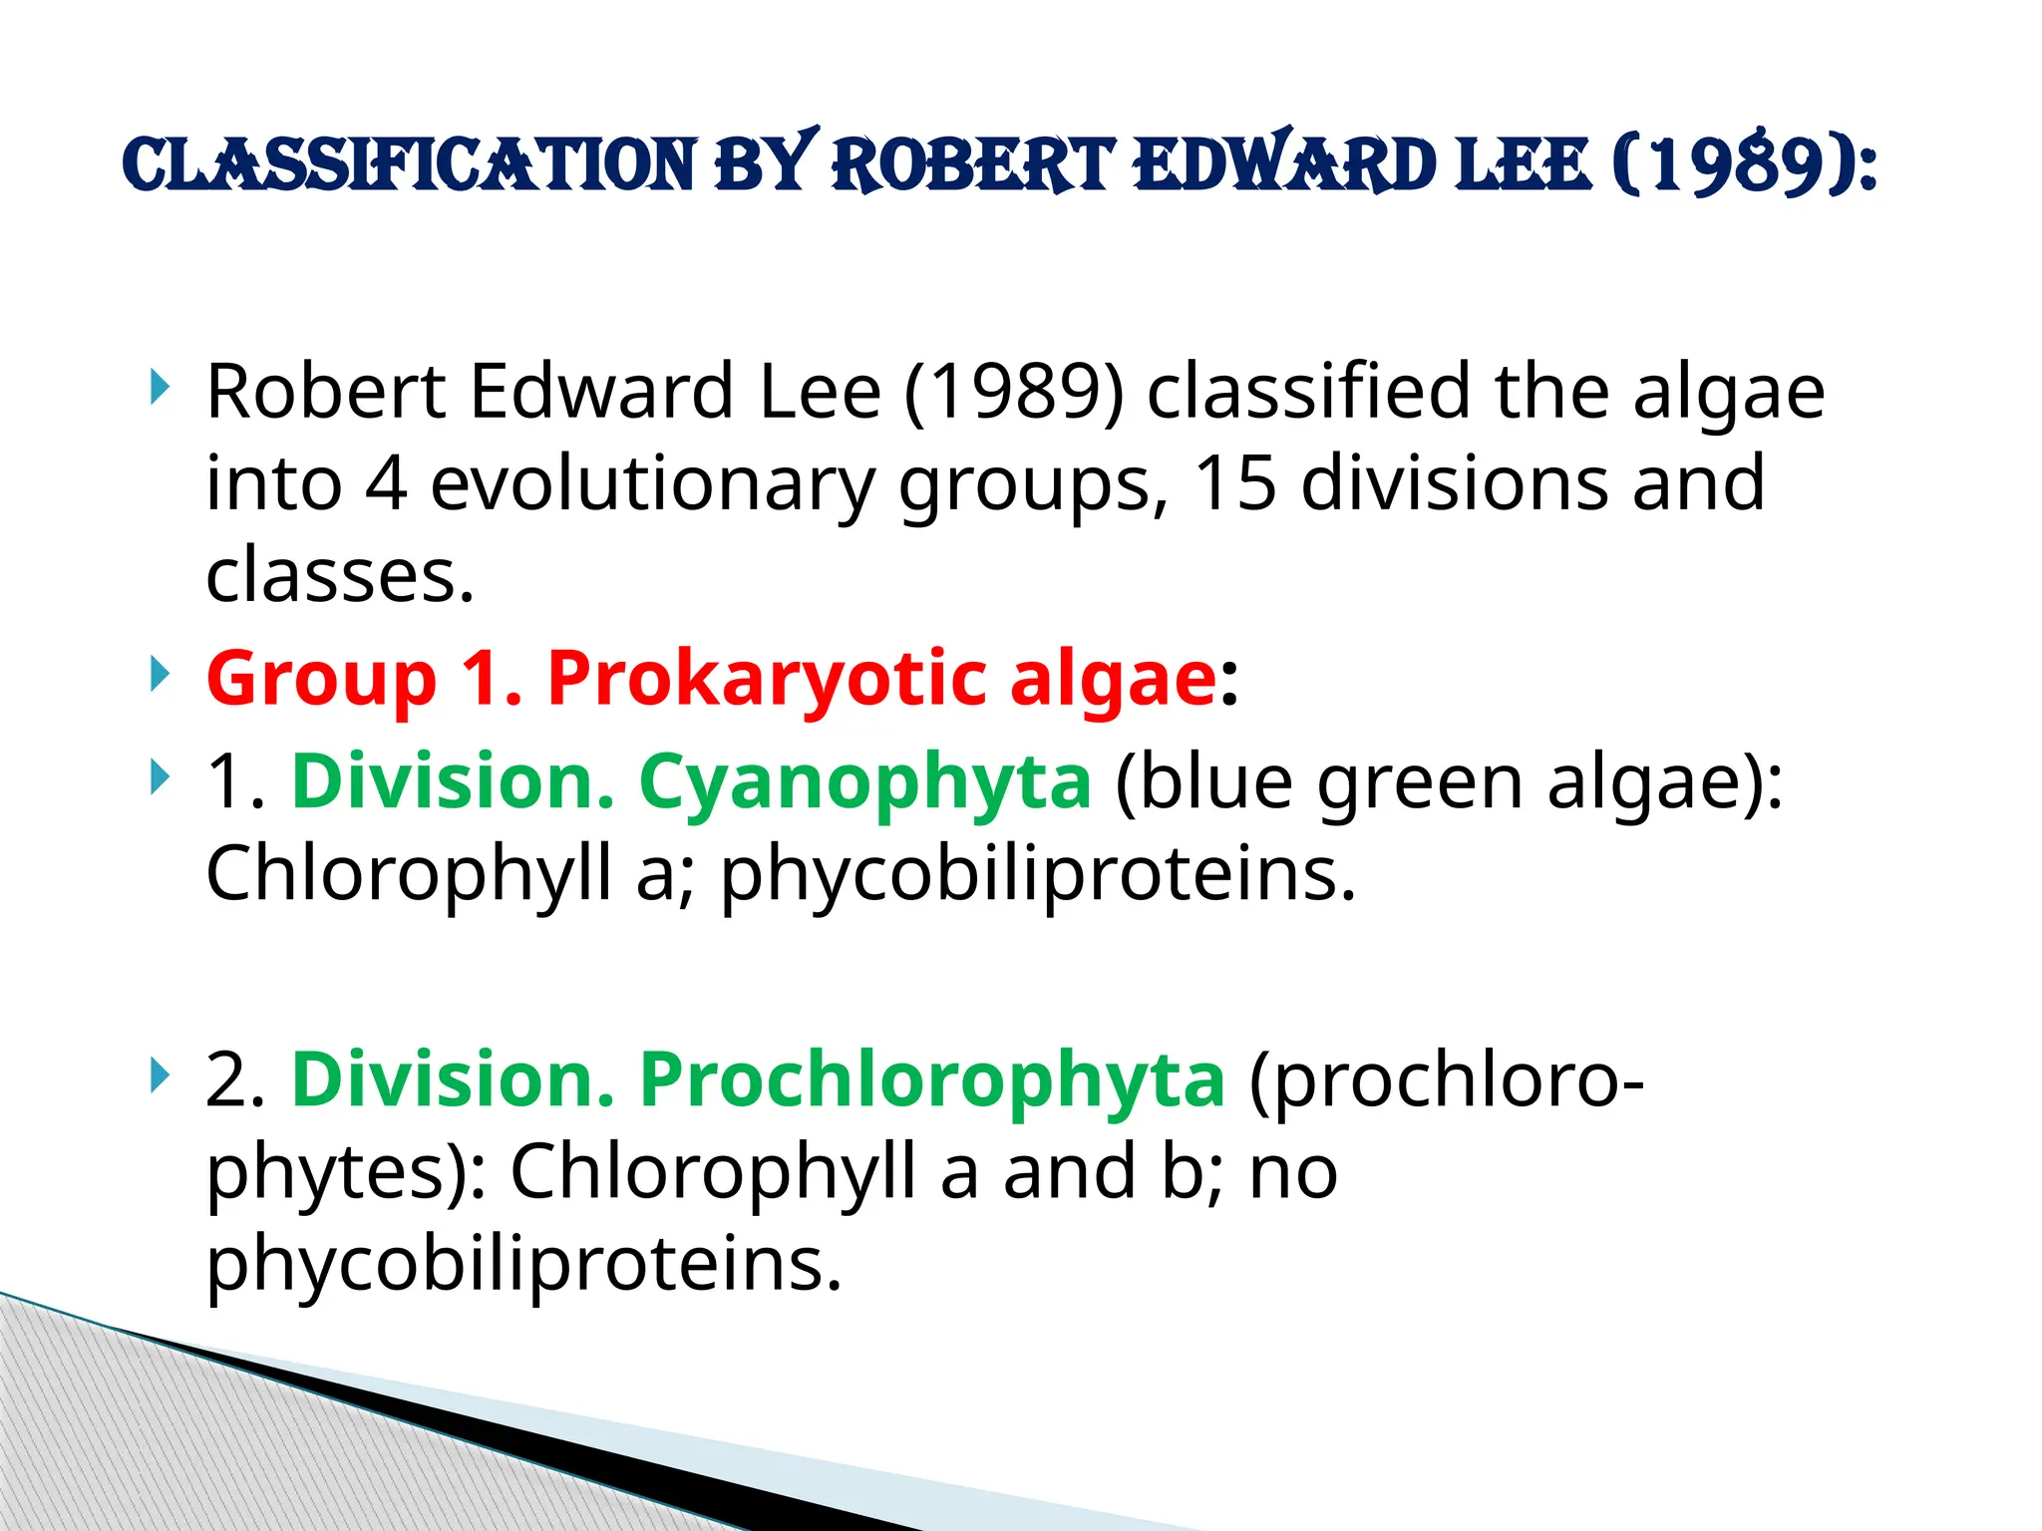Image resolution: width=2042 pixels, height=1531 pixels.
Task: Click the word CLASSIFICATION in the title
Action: (x=410, y=165)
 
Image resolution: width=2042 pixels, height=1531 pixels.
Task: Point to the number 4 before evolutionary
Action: (x=386, y=483)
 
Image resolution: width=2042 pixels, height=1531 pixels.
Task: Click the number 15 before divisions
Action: (x=1235, y=483)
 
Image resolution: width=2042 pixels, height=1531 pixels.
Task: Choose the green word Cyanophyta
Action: (x=864, y=782)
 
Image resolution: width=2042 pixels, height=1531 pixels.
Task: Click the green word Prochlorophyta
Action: (x=931, y=1080)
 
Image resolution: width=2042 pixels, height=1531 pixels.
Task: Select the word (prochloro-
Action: (x=1446, y=1080)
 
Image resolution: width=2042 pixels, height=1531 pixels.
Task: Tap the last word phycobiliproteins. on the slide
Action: (x=524, y=1264)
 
